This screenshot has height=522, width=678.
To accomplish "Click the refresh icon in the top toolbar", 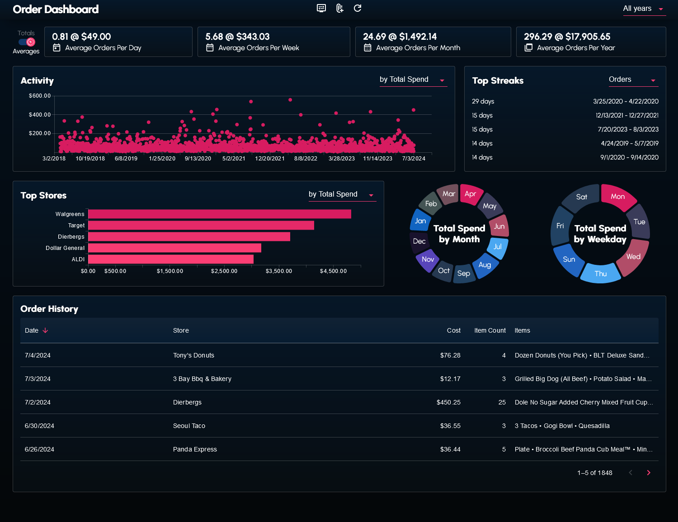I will pos(358,8).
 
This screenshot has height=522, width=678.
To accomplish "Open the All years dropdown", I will pos(644,9).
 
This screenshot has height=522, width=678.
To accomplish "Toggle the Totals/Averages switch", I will pos(27,42).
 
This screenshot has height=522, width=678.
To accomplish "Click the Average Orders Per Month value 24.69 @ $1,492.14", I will pos(400,37).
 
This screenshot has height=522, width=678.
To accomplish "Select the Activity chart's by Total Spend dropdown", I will pos(412,80).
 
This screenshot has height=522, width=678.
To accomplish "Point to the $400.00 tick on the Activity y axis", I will pos(40,115).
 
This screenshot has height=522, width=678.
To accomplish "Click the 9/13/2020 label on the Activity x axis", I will pos(198,159).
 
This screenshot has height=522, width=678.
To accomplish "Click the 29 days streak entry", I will pos(483,101).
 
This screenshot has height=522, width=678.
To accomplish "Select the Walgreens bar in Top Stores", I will pos(220,214).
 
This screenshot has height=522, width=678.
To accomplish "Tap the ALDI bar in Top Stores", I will pos(171,259).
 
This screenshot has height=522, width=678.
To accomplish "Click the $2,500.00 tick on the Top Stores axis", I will pos(224,271).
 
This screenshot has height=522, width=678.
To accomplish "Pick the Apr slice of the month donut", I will pos(471,194).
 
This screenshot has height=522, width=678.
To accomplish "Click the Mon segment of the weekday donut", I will pos(618,197).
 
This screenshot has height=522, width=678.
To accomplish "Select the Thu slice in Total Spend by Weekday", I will pos(601,274).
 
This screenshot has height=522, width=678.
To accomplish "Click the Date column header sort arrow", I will pos(45,330).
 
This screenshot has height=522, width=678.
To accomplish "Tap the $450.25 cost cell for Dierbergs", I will pos(448,402).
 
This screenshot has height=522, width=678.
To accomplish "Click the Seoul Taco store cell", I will pos(189,426).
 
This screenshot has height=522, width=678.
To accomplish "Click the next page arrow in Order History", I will pos(649,473).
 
